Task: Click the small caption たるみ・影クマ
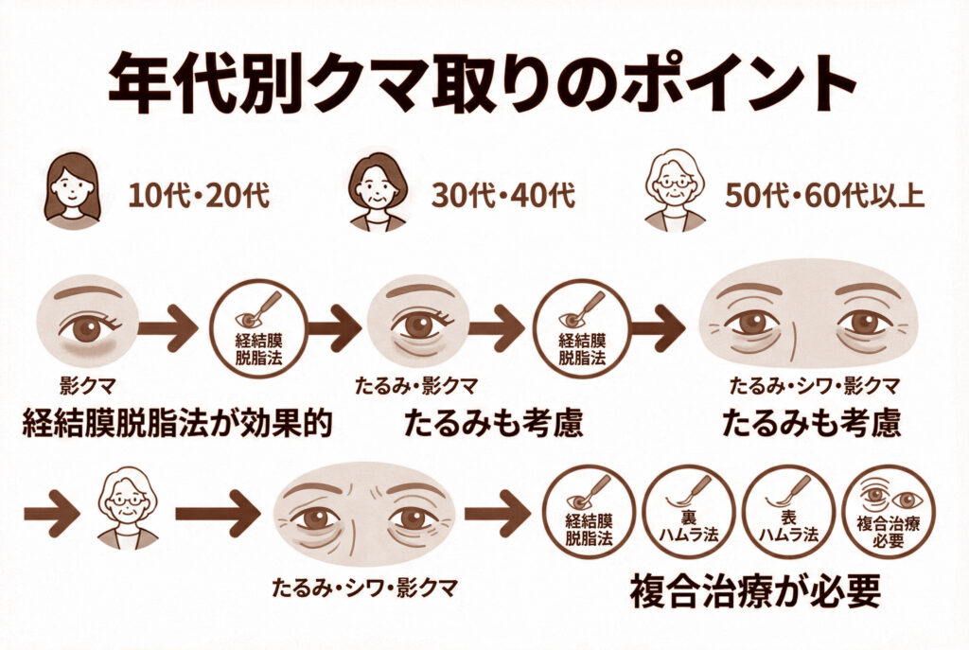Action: tap(414, 386)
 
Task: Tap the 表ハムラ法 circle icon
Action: tap(787, 516)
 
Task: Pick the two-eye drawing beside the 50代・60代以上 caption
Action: tap(807, 317)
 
